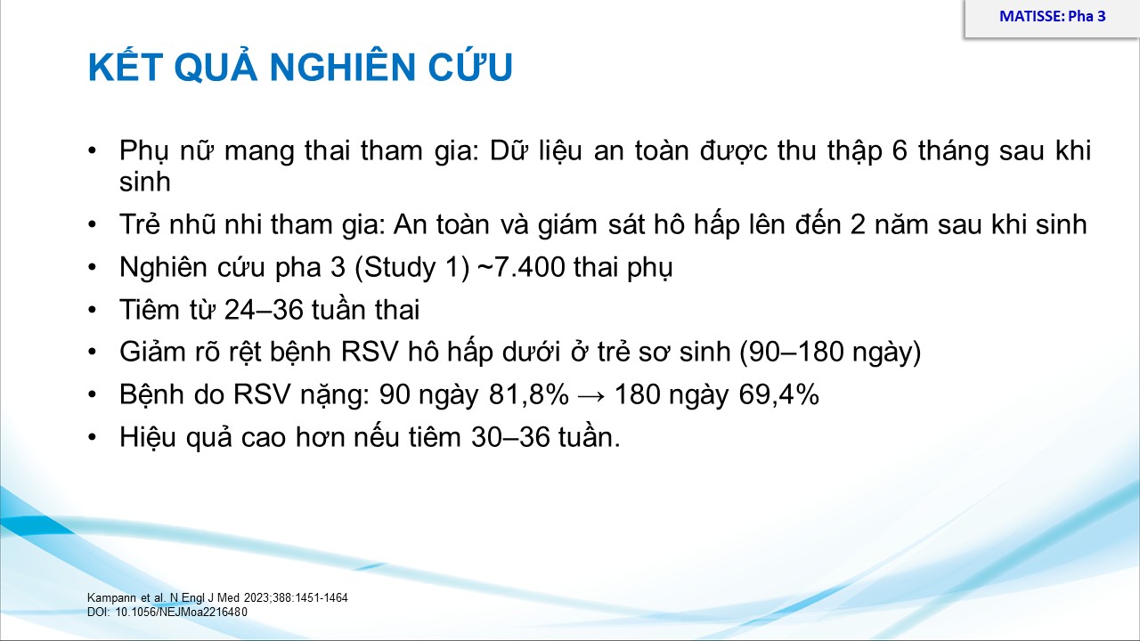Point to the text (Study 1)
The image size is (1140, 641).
click(411, 268)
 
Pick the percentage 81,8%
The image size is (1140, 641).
click(529, 394)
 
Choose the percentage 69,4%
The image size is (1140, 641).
click(778, 394)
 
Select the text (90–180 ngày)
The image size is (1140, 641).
click(831, 353)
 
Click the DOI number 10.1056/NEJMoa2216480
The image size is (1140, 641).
click(181, 612)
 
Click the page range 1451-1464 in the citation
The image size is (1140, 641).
click(323, 597)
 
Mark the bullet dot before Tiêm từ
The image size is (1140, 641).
click(92, 310)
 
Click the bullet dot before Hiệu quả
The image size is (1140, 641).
click(92, 437)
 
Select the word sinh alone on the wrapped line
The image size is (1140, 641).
click(144, 182)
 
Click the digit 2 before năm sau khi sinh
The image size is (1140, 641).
click(858, 225)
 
